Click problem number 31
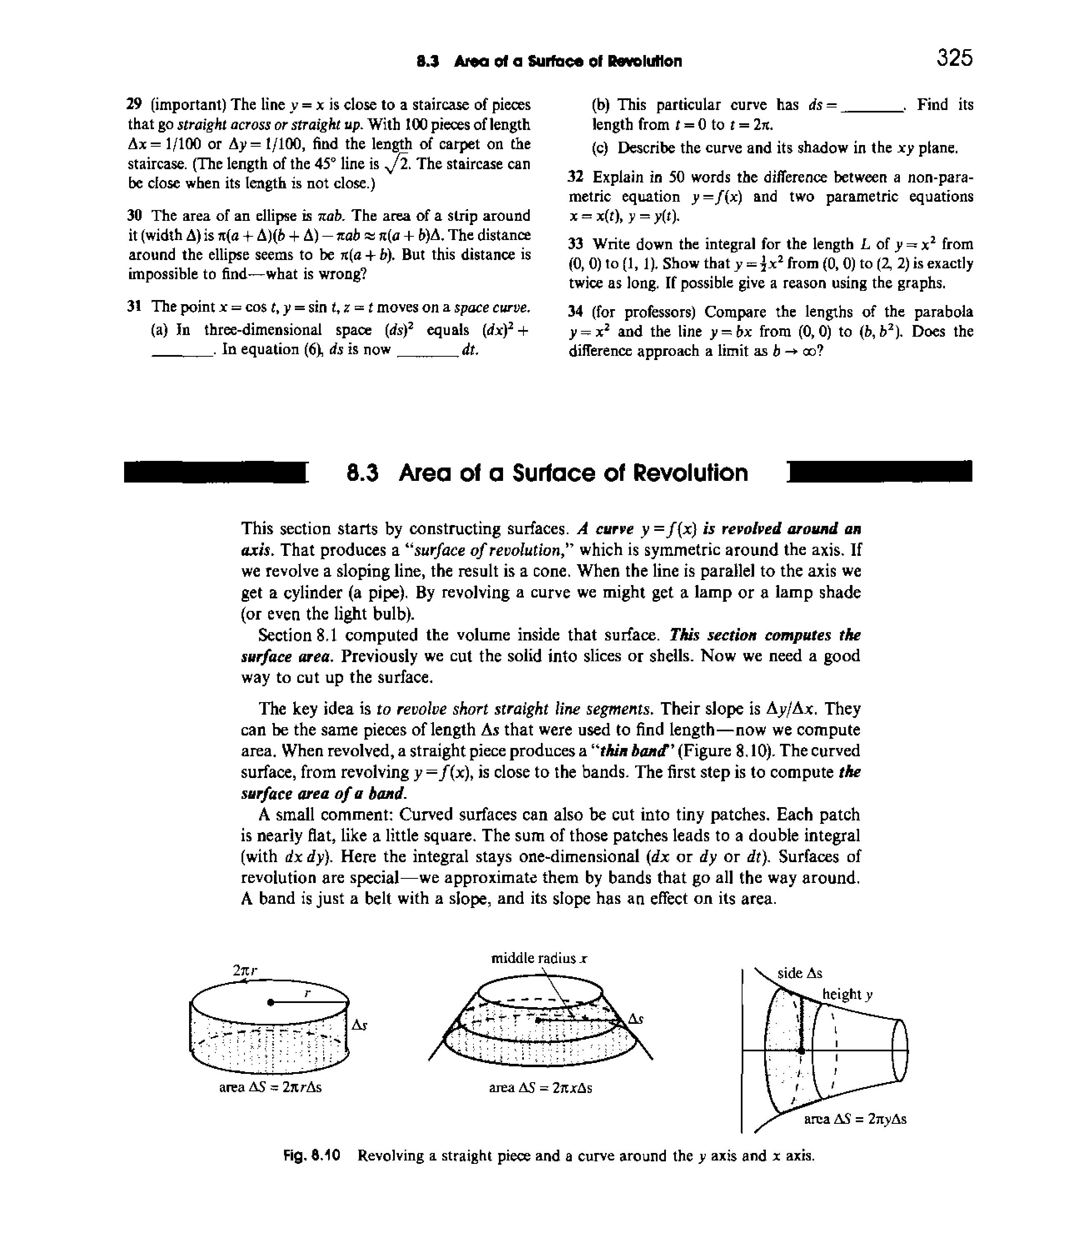tap(134, 307)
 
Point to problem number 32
tap(575, 178)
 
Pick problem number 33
tap(575, 244)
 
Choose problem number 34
tap(575, 312)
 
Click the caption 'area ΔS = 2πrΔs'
tap(271, 1088)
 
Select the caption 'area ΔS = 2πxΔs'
tap(541, 1088)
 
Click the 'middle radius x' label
tap(539, 959)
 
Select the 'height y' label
tap(847, 994)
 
